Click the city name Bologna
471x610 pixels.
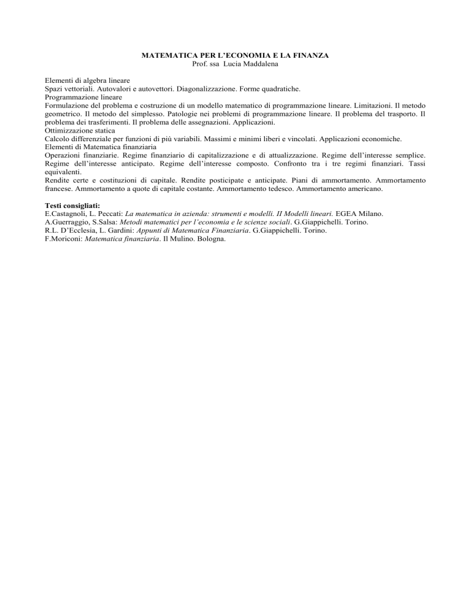point(210,239)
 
